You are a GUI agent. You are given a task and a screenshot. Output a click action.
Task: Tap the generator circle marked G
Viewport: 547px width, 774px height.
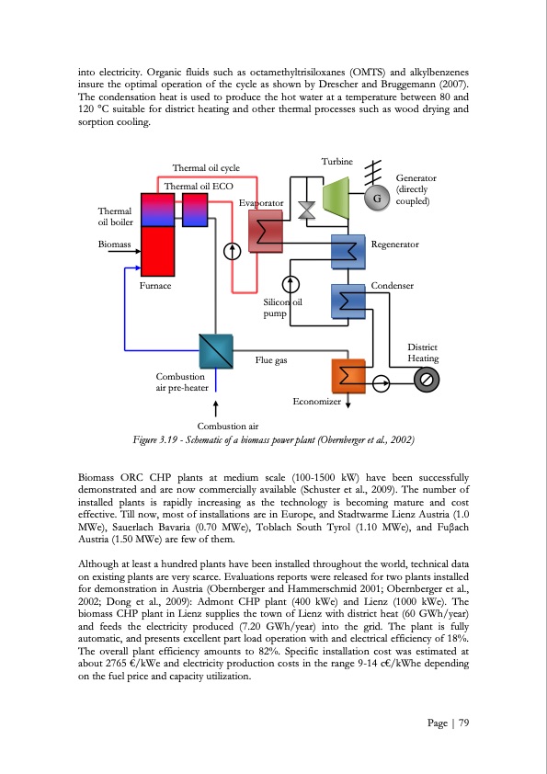pyautogui.click(x=374, y=199)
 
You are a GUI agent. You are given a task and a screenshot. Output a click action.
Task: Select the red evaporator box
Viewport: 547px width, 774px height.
pyautogui.click(x=267, y=228)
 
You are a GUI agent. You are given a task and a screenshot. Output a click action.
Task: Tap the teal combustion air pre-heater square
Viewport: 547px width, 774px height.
pyautogui.click(x=216, y=349)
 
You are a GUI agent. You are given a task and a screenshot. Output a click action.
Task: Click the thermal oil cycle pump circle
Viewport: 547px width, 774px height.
pyautogui.click(x=233, y=249)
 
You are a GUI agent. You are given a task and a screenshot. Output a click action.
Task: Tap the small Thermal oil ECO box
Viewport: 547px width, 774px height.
pyautogui.click(x=195, y=211)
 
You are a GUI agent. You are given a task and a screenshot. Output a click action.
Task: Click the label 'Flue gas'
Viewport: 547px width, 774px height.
pyautogui.click(x=271, y=360)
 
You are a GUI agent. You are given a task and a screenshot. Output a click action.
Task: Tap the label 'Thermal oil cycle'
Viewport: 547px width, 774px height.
pyautogui.click(x=206, y=167)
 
